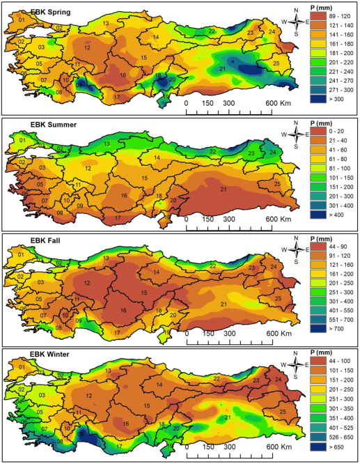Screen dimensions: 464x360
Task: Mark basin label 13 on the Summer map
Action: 107,144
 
